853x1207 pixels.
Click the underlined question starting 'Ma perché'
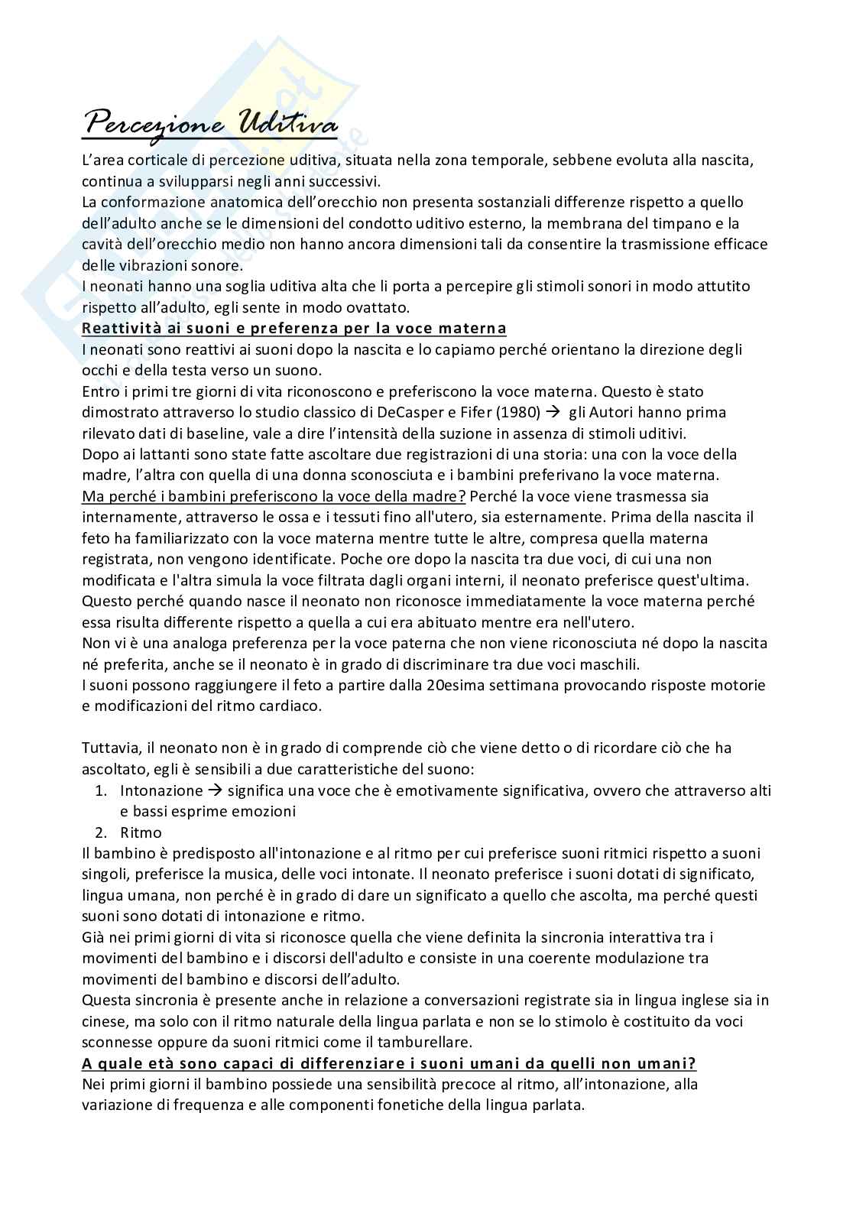(274, 496)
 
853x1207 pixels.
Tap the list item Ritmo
(141, 832)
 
